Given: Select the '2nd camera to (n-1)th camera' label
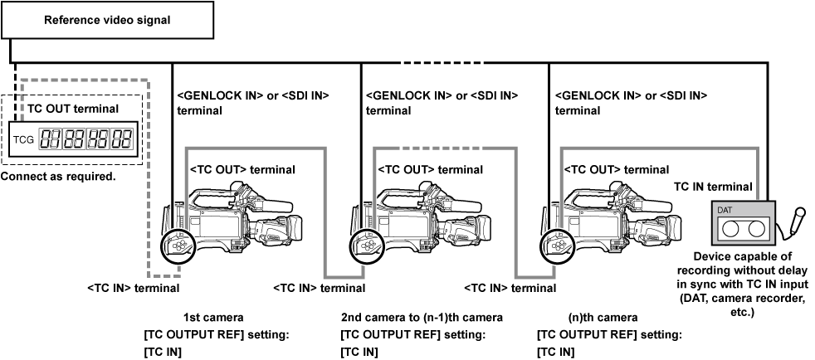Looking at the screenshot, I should point(422,318).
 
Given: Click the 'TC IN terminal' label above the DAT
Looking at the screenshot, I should point(713,187).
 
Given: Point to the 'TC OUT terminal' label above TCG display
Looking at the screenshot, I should point(72,109).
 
